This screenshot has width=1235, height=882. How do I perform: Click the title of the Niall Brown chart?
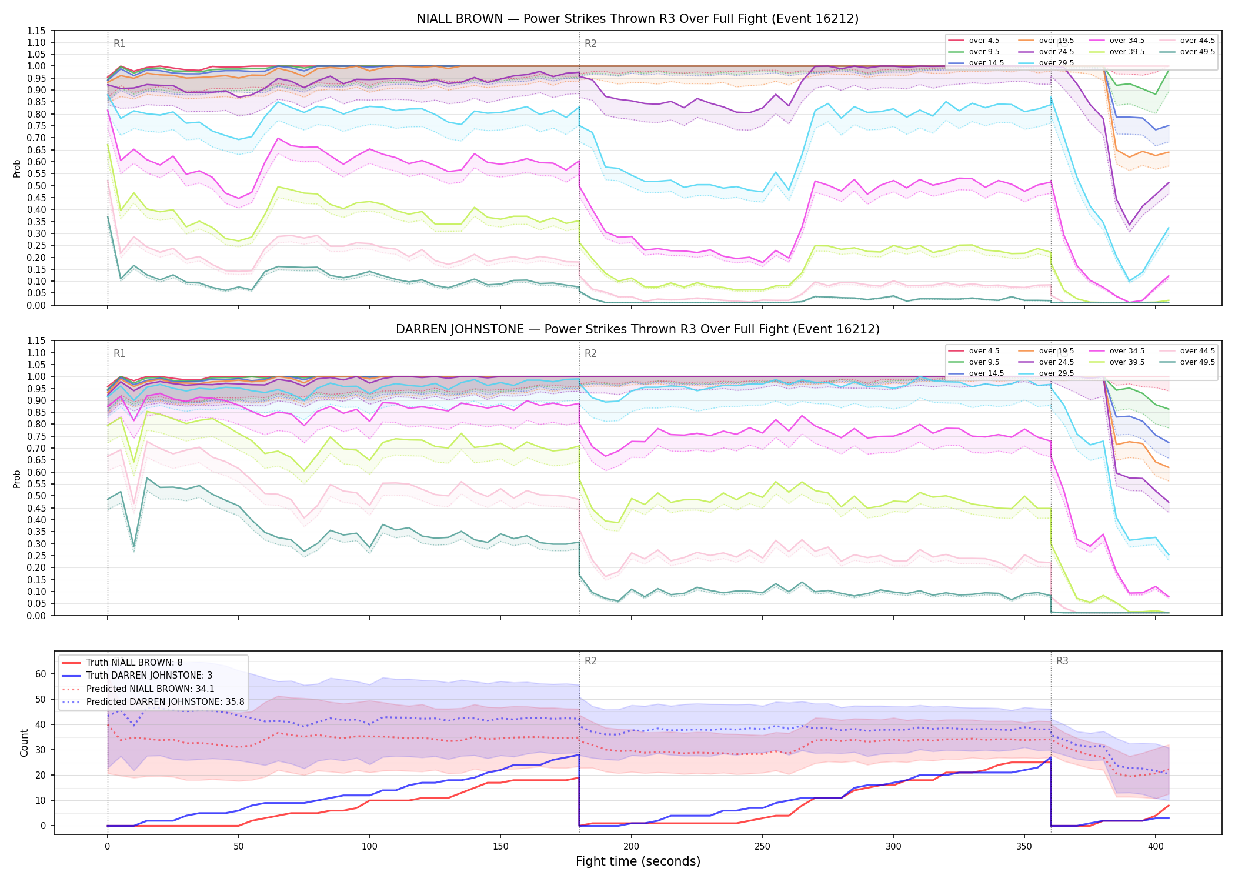(637, 19)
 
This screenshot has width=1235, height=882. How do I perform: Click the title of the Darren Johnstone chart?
(637, 329)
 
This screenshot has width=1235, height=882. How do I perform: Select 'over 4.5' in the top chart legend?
(984, 41)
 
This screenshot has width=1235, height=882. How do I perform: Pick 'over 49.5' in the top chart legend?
(1197, 52)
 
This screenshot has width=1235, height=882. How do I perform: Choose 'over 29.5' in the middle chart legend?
(1056, 373)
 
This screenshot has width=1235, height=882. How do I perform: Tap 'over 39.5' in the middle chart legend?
(1127, 362)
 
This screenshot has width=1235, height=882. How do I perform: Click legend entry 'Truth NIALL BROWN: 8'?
(135, 663)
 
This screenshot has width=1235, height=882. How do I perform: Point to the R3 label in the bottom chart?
(1062, 661)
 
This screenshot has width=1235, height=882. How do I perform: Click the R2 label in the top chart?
(590, 44)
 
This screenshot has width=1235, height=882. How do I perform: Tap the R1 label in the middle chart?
(119, 353)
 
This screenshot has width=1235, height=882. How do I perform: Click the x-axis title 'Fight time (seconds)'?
(638, 861)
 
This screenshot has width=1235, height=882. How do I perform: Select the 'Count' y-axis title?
(24, 743)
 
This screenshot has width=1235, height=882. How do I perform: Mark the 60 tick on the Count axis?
(41, 674)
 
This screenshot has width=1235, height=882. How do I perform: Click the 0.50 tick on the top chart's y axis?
(37, 186)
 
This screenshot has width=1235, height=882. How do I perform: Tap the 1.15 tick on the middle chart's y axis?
(37, 341)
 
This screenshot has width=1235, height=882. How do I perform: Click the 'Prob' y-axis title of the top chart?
(17, 168)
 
